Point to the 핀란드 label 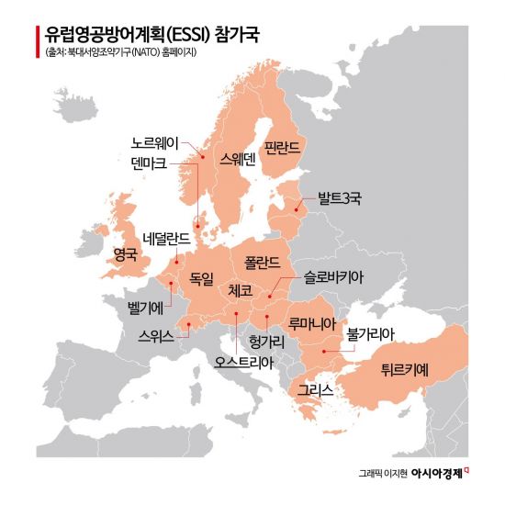pos(286,146)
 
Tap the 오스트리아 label pos(242,361)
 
